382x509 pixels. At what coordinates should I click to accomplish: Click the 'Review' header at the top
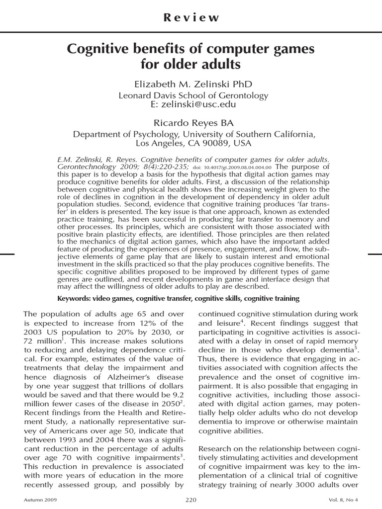pos(191,18)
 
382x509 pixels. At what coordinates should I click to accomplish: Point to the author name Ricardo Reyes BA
pos(191,122)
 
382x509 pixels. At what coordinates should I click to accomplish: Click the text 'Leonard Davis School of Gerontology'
pos(193,95)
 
